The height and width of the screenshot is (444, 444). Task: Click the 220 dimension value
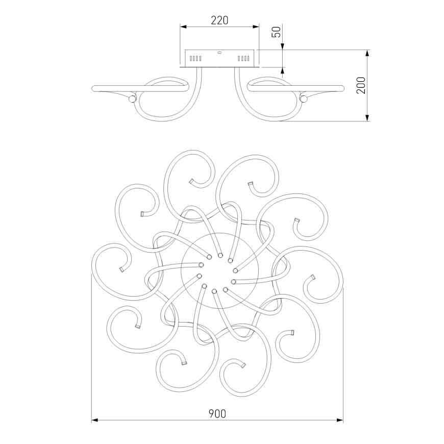point(219,20)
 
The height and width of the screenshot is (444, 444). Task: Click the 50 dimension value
point(276,32)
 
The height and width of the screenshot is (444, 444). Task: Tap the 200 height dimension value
point(361,85)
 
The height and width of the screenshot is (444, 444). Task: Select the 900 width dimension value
point(217,414)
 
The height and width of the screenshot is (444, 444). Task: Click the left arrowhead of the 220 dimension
point(183,27)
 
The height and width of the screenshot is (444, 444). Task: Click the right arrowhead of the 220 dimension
point(256,27)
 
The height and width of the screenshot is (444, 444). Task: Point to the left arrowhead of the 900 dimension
point(94,420)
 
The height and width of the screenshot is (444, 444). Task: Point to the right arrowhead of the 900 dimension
point(340,420)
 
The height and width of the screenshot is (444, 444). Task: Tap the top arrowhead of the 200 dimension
point(367,53)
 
